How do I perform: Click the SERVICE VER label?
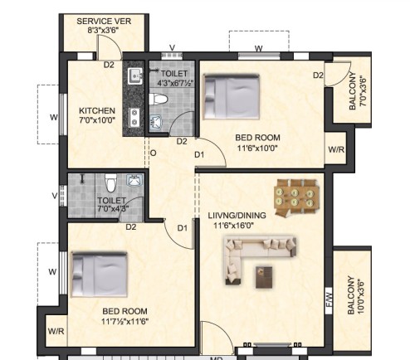point(104,22)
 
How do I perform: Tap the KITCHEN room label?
point(97,111)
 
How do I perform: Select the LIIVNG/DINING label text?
point(237,216)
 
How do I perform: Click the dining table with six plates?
point(297,197)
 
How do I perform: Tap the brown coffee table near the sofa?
point(264,277)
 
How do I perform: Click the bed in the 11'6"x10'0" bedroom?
point(232,96)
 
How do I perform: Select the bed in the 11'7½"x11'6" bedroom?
point(99,274)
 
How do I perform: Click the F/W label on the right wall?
point(329,300)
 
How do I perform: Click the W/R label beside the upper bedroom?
point(336,149)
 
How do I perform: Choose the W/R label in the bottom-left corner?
point(56,331)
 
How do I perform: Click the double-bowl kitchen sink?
point(134,118)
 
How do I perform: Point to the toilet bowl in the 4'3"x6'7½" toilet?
point(158,100)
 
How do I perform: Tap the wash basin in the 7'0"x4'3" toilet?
point(135,180)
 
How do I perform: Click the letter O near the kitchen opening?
point(153,153)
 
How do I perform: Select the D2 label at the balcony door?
point(318,75)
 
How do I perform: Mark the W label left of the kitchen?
point(54,117)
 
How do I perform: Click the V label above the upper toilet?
point(172,48)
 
